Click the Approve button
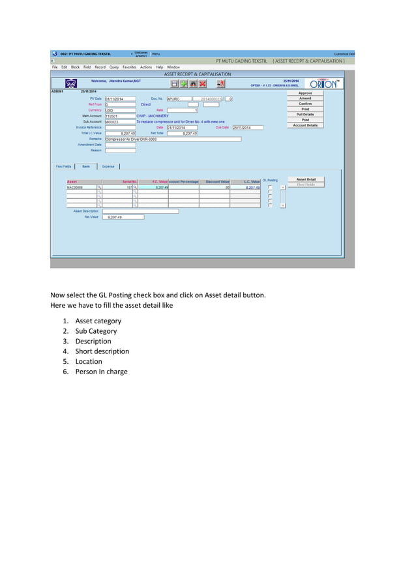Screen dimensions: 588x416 tap(305, 93)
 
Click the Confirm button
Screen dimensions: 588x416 tap(305, 104)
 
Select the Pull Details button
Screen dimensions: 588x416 tap(305, 114)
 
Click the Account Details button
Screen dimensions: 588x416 tap(305, 125)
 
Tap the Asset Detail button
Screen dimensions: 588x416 tap(306, 179)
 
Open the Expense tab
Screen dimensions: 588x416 tap(108, 166)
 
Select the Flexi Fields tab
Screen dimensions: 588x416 tap(63, 166)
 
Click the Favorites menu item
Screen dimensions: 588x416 tap(129, 67)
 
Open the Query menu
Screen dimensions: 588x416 tap(113, 67)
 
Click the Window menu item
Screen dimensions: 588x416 tap(173, 67)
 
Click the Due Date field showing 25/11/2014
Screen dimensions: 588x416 tap(247, 128)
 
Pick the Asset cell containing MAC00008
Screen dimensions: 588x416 tap(81, 187)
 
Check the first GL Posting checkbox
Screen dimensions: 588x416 tap(270, 187)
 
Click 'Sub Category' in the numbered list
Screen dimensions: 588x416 tap(96, 331)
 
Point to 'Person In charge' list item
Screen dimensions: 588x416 tap(101, 372)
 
